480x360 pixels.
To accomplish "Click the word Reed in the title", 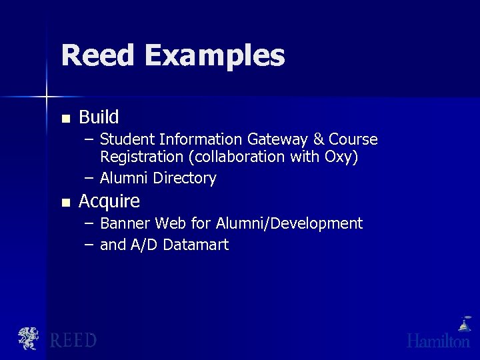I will pos(99,55).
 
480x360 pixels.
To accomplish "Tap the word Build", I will pos(99,117).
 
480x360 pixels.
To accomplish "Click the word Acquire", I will pos(109,201).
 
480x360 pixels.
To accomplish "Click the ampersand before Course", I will pos(319,139).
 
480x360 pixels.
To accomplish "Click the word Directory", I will pos(185,179).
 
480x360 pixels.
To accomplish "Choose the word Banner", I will pos(123,223).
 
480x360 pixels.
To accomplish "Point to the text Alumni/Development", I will pos(289,223).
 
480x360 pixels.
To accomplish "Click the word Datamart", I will pos(195,245).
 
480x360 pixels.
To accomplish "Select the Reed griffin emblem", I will pos(29,338).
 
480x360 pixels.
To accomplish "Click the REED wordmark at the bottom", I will pos(74,340).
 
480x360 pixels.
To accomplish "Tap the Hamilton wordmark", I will pos(439,341).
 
